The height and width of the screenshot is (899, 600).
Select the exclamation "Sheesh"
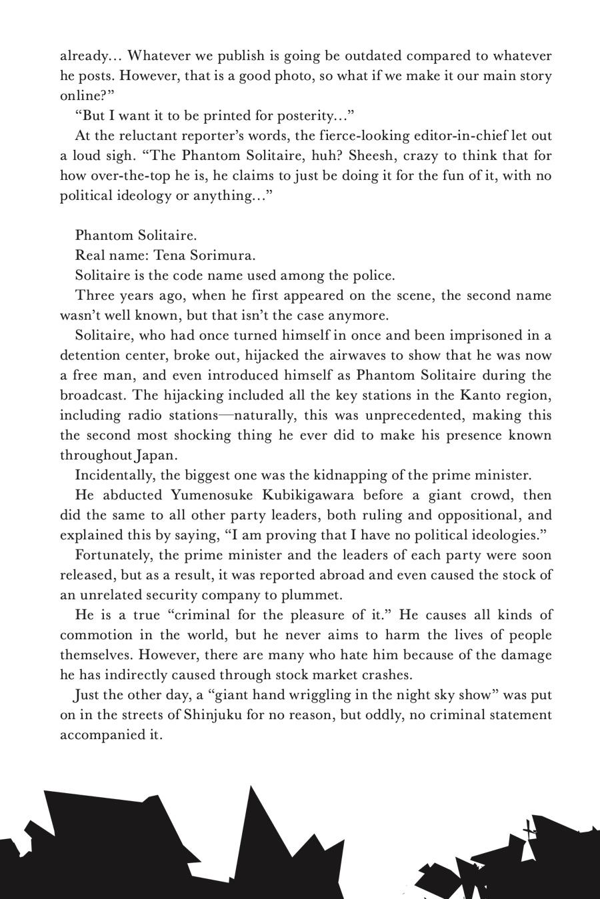[x=371, y=156]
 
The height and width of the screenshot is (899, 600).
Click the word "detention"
[x=90, y=356]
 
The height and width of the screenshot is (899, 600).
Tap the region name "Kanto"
[x=481, y=396]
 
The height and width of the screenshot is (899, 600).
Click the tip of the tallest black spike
[x=251, y=786]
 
